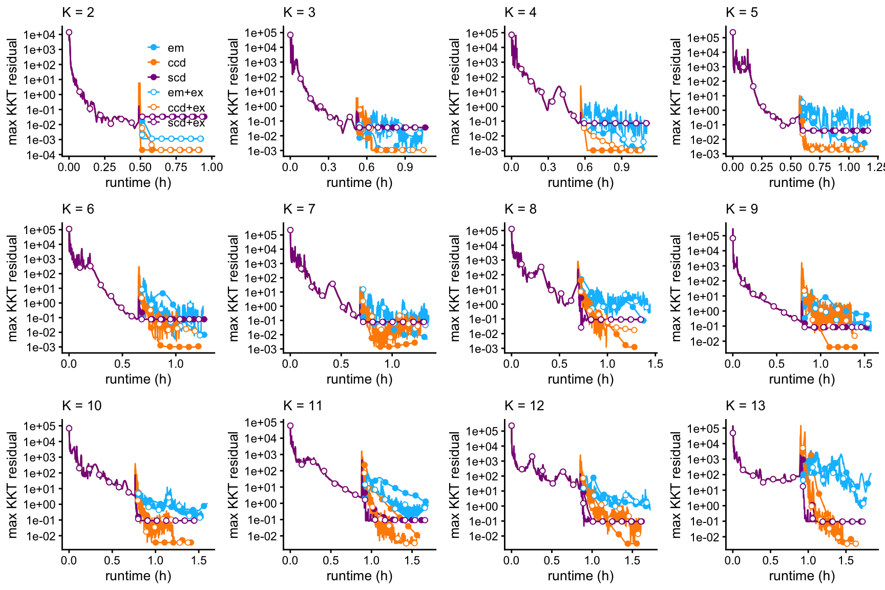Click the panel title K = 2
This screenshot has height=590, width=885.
pyautogui.click(x=78, y=12)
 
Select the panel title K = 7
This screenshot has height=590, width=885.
pyautogui.click(x=299, y=209)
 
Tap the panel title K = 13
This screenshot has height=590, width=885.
pyautogui.click(x=745, y=406)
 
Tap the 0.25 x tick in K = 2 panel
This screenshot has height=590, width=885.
pyautogui.click(x=104, y=167)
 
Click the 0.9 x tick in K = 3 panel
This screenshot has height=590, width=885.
pyautogui.click(x=405, y=167)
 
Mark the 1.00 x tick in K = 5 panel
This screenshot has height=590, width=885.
pyautogui.click(x=849, y=167)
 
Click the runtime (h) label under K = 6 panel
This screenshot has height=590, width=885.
pyautogui.click(x=138, y=379)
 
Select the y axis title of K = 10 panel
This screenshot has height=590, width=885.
pyautogui.click(x=12, y=484)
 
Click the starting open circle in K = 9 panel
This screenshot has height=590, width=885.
pyautogui.click(x=733, y=238)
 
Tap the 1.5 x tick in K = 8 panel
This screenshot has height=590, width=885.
pyautogui.click(x=655, y=364)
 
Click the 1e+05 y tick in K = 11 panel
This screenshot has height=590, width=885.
pyautogui.click(x=260, y=423)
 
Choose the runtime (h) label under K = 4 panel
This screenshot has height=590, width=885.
pyautogui.click(x=580, y=182)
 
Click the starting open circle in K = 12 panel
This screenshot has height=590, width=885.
pyautogui.click(x=511, y=426)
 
